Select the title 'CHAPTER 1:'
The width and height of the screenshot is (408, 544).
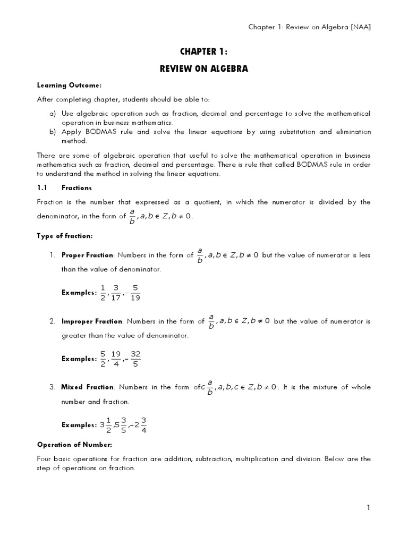coord(203,52)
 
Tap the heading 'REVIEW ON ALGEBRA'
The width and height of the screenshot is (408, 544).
coord(203,69)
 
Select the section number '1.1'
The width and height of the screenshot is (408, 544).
coord(42,188)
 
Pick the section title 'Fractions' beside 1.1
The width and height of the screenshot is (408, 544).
coord(76,188)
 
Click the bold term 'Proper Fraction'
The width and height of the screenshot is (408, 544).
coord(87,255)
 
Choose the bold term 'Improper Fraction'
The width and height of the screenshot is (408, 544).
coord(92,321)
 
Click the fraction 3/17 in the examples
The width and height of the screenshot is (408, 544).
coord(116,292)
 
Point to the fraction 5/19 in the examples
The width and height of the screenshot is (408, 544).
coord(135,292)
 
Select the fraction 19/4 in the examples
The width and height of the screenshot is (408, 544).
coord(116,359)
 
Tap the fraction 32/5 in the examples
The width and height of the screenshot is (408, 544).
coord(135,359)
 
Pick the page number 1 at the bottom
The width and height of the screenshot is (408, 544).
coord(368,508)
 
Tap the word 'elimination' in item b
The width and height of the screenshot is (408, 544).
coord(353,132)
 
